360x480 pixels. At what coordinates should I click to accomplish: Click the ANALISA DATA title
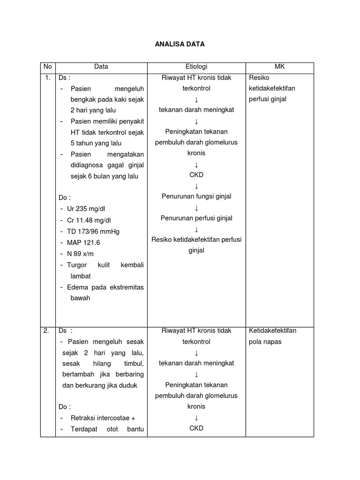pyautogui.click(x=180, y=45)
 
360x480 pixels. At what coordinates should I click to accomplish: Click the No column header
pyautogui.click(x=47, y=67)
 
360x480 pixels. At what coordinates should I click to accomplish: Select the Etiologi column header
pyautogui.click(x=196, y=67)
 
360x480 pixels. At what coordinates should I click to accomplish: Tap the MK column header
pyautogui.click(x=279, y=67)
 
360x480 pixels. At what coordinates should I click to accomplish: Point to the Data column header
pyautogui.click(x=101, y=67)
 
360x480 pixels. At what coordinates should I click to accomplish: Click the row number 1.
pyautogui.click(x=47, y=78)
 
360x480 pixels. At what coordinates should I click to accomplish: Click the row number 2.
pyautogui.click(x=46, y=331)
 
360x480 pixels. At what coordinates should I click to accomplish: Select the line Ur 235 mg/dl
pyautogui.click(x=87, y=208)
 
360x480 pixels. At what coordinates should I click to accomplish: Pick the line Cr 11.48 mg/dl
pyautogui.click(x=89, y=220)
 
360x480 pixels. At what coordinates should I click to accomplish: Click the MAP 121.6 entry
pyautogui.click(x=83, y=242)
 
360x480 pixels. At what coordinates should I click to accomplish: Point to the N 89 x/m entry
pyautogui.click(x=80, y=254)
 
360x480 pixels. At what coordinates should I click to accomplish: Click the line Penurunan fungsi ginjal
pyautogui.click(x=196, y=196)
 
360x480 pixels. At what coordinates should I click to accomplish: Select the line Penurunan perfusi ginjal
pyautogui.click(x=196, y=218)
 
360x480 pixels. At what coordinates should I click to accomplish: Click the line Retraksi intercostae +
pyautogui.click(x=103, y=418)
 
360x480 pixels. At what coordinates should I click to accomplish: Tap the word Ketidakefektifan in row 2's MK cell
pyautogui.click(x=273, y=331)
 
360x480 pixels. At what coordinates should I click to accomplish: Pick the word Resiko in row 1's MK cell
pyautogui.click(x=259, y=78)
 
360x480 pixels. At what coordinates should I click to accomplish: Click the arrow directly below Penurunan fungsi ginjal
pyautogui.click(x=196, y=208)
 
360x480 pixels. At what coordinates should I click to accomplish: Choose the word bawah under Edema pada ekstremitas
pyautogui.click(x=80, y=298)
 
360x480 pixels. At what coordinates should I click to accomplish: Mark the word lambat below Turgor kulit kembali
pyautogui.click(x=81, y=276)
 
